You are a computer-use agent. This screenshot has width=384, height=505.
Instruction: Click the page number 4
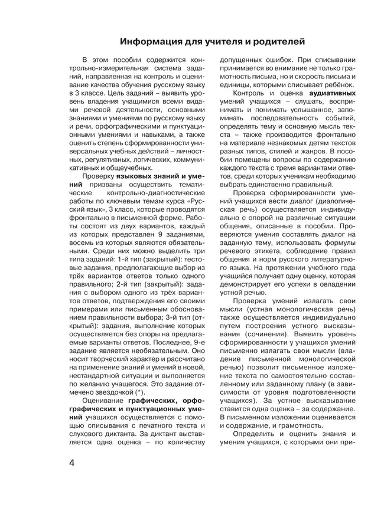(71, 462)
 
